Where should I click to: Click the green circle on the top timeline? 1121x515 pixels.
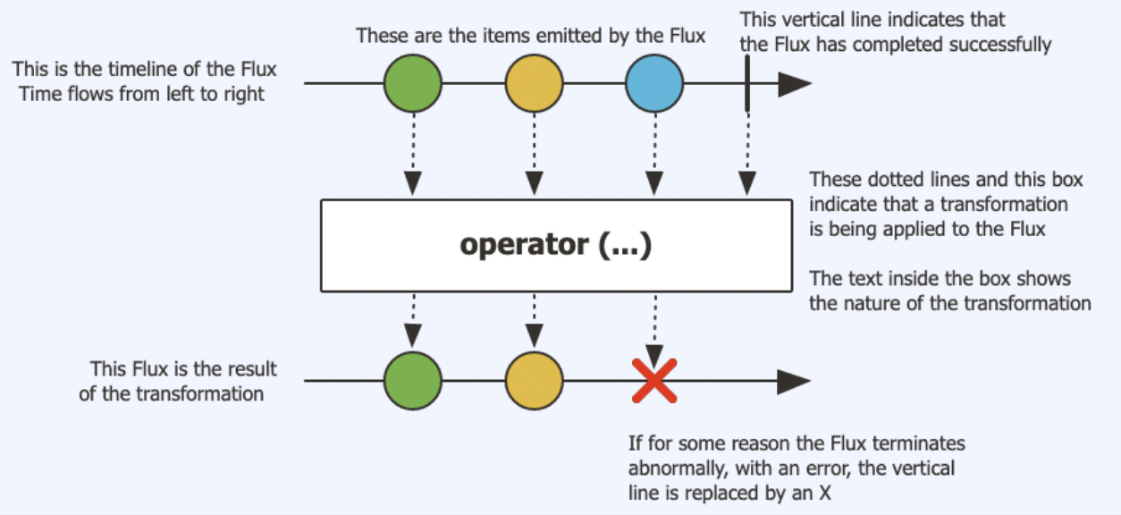point(413,84)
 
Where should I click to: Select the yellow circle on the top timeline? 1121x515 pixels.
point(534,84)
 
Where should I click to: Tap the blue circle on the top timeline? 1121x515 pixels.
point(654,84)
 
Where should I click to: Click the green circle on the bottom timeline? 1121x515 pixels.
point(413,381)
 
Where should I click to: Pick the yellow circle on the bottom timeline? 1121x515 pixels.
point(534,381)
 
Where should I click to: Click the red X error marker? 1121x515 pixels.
point(654,381)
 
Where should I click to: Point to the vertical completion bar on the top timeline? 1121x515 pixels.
point(746,83)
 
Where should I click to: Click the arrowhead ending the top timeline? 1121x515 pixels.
point(794,84)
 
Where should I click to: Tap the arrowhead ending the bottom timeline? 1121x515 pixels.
point(794,381)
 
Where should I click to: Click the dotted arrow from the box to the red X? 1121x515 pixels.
point(654,326)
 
